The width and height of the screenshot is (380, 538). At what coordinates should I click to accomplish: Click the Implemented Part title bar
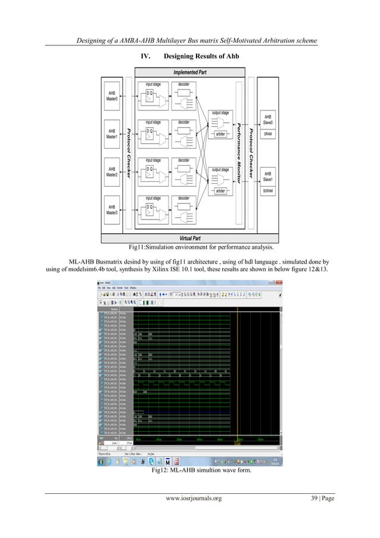point(190,72)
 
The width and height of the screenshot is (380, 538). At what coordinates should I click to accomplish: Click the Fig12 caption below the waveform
point(190,471)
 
